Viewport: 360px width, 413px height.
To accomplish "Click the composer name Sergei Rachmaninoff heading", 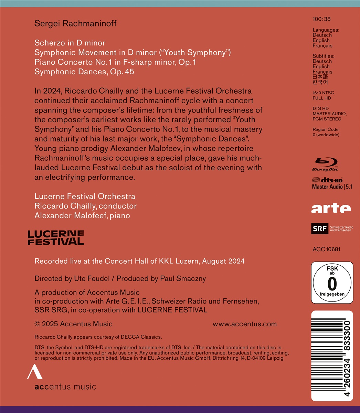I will click(x=75, y=23).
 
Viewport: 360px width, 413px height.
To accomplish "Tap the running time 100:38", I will click(x=321, y=19).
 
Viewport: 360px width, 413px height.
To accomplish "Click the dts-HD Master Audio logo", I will click(x=327, y=183).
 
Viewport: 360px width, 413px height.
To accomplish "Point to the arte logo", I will click(x=331, y=208).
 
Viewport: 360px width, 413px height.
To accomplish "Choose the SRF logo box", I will click(x=319, y=229).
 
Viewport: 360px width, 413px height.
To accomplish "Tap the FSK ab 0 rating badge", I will click(x=332, y=283).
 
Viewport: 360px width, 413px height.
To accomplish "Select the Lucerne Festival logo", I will click(x=56, y=238).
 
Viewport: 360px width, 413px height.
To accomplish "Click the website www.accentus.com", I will click(x=244, y=324).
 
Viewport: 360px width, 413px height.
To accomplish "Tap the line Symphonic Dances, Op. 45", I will click(x=84, y=72).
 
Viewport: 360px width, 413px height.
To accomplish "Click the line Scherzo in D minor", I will click(x=70, y=43).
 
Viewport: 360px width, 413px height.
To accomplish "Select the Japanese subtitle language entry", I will click(x=320, y=77).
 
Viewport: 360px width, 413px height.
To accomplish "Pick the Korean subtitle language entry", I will click(x=320, y=82).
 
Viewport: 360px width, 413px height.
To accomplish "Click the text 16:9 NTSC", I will click(x=323, y=93).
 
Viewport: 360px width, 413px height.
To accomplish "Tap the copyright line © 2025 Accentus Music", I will click(x=73, y=324).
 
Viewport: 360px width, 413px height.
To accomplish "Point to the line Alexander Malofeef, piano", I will click(x=82, y=216).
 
